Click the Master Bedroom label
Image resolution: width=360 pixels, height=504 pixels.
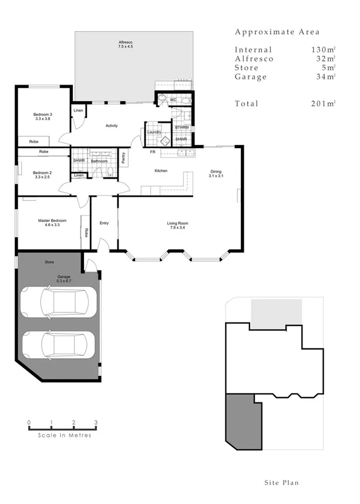point(52,221)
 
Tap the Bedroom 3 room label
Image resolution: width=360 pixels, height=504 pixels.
point(42,114)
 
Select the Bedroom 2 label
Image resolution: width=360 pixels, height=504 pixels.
point(42,173)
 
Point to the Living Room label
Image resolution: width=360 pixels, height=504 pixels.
point(177,223)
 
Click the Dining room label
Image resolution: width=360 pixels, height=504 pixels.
point(216,172)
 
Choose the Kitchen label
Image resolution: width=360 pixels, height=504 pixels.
point(160,171)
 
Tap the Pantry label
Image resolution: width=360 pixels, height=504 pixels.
point(123,157)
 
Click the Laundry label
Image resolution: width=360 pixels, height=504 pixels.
point(154,132)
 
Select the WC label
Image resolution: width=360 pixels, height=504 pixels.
point(173,100)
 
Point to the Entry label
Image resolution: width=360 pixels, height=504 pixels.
point(105,223)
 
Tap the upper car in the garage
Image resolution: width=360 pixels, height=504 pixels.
point(58,302)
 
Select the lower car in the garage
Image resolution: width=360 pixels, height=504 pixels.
point(58,344)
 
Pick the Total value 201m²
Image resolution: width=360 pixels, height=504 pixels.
point(323,103)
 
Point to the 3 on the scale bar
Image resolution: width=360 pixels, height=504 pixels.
point(96,422)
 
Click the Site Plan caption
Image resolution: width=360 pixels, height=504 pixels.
point(281,483)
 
